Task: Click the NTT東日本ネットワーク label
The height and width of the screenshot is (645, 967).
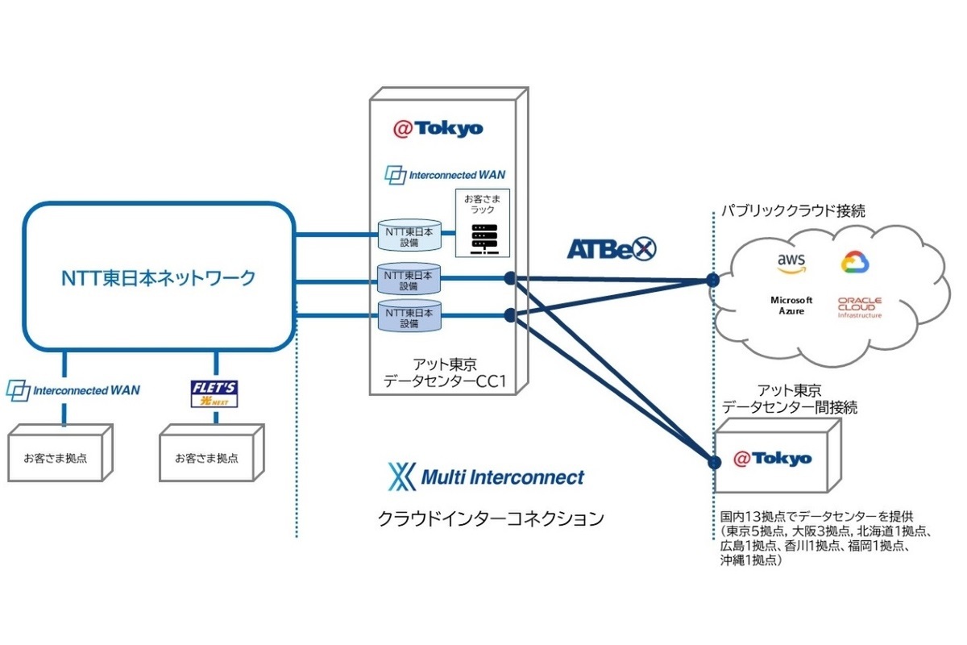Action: (158, 279)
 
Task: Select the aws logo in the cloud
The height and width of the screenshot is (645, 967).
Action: (792, 262)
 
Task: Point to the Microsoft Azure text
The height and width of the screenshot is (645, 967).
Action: (792, 305)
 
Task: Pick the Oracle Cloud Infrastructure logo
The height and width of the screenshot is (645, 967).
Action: (859, 307)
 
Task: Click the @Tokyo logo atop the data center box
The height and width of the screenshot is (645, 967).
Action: (438, 128)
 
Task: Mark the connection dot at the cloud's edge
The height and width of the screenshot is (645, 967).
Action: (712, 280)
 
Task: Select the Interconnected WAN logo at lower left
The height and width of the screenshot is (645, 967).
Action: (73, 390)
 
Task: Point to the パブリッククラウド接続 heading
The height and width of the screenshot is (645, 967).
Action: (794, 212)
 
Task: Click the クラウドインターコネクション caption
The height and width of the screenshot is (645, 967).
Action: (491, 518)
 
